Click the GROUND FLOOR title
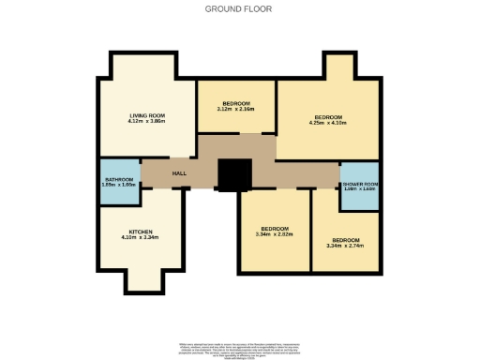point(239,9)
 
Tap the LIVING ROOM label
point(146,115)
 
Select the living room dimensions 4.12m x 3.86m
point(146,122)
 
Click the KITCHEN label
point(141,232)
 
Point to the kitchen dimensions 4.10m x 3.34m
point(141,238)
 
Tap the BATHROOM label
point(119,179)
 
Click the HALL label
point(178,174)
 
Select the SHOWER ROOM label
point(360,184)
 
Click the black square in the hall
point(234,174)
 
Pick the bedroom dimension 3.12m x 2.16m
point(236,109)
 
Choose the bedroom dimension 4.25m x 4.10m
point(328,122)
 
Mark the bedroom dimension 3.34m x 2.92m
point(274,235)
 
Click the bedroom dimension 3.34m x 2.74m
point(345,246)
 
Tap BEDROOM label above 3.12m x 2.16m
point(236,102)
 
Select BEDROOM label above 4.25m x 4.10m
point(328,115)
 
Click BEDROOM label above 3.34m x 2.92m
point(274,229)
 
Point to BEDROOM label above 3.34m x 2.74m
point(345,239)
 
